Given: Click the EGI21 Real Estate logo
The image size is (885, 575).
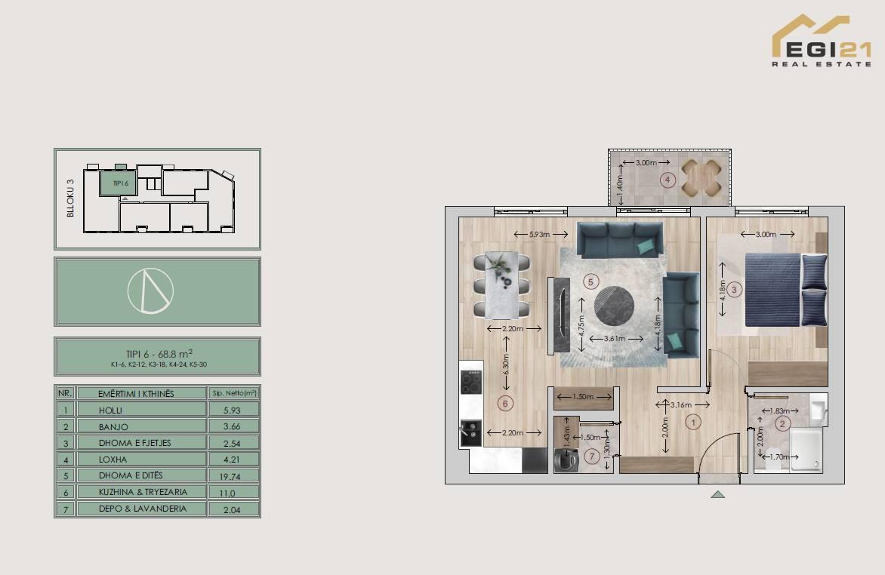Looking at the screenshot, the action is pos(822,41).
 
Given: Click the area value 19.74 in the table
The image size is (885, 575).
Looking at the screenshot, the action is pos(230,476).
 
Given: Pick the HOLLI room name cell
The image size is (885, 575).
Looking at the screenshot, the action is pos(110,410).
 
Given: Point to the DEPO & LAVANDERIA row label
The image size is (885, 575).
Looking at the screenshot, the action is pos(142,509).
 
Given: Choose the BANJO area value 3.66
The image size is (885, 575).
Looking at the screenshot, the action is pos(231,426).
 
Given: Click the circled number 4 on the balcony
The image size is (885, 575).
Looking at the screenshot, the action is pos(668,180).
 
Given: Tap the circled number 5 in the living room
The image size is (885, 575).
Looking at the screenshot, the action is pos(591,281).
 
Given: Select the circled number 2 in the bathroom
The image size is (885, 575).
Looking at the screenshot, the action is pos(782,424).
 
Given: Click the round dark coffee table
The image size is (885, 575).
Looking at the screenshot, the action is pos(614,306).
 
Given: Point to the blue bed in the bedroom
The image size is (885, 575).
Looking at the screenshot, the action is pos(785,290).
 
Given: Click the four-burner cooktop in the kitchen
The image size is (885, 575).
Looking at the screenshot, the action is pos(470,382).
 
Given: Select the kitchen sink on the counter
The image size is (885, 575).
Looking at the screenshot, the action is pos(470,433).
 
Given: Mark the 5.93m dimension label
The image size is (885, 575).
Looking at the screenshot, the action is pos(540,234).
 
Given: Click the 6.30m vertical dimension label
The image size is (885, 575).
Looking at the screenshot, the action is pos(506,364).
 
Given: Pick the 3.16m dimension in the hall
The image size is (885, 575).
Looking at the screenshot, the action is pos(680,404).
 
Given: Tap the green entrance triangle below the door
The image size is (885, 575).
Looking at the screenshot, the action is pos(717,494).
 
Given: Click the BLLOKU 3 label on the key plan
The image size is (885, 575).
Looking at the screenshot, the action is pos(70,198).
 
